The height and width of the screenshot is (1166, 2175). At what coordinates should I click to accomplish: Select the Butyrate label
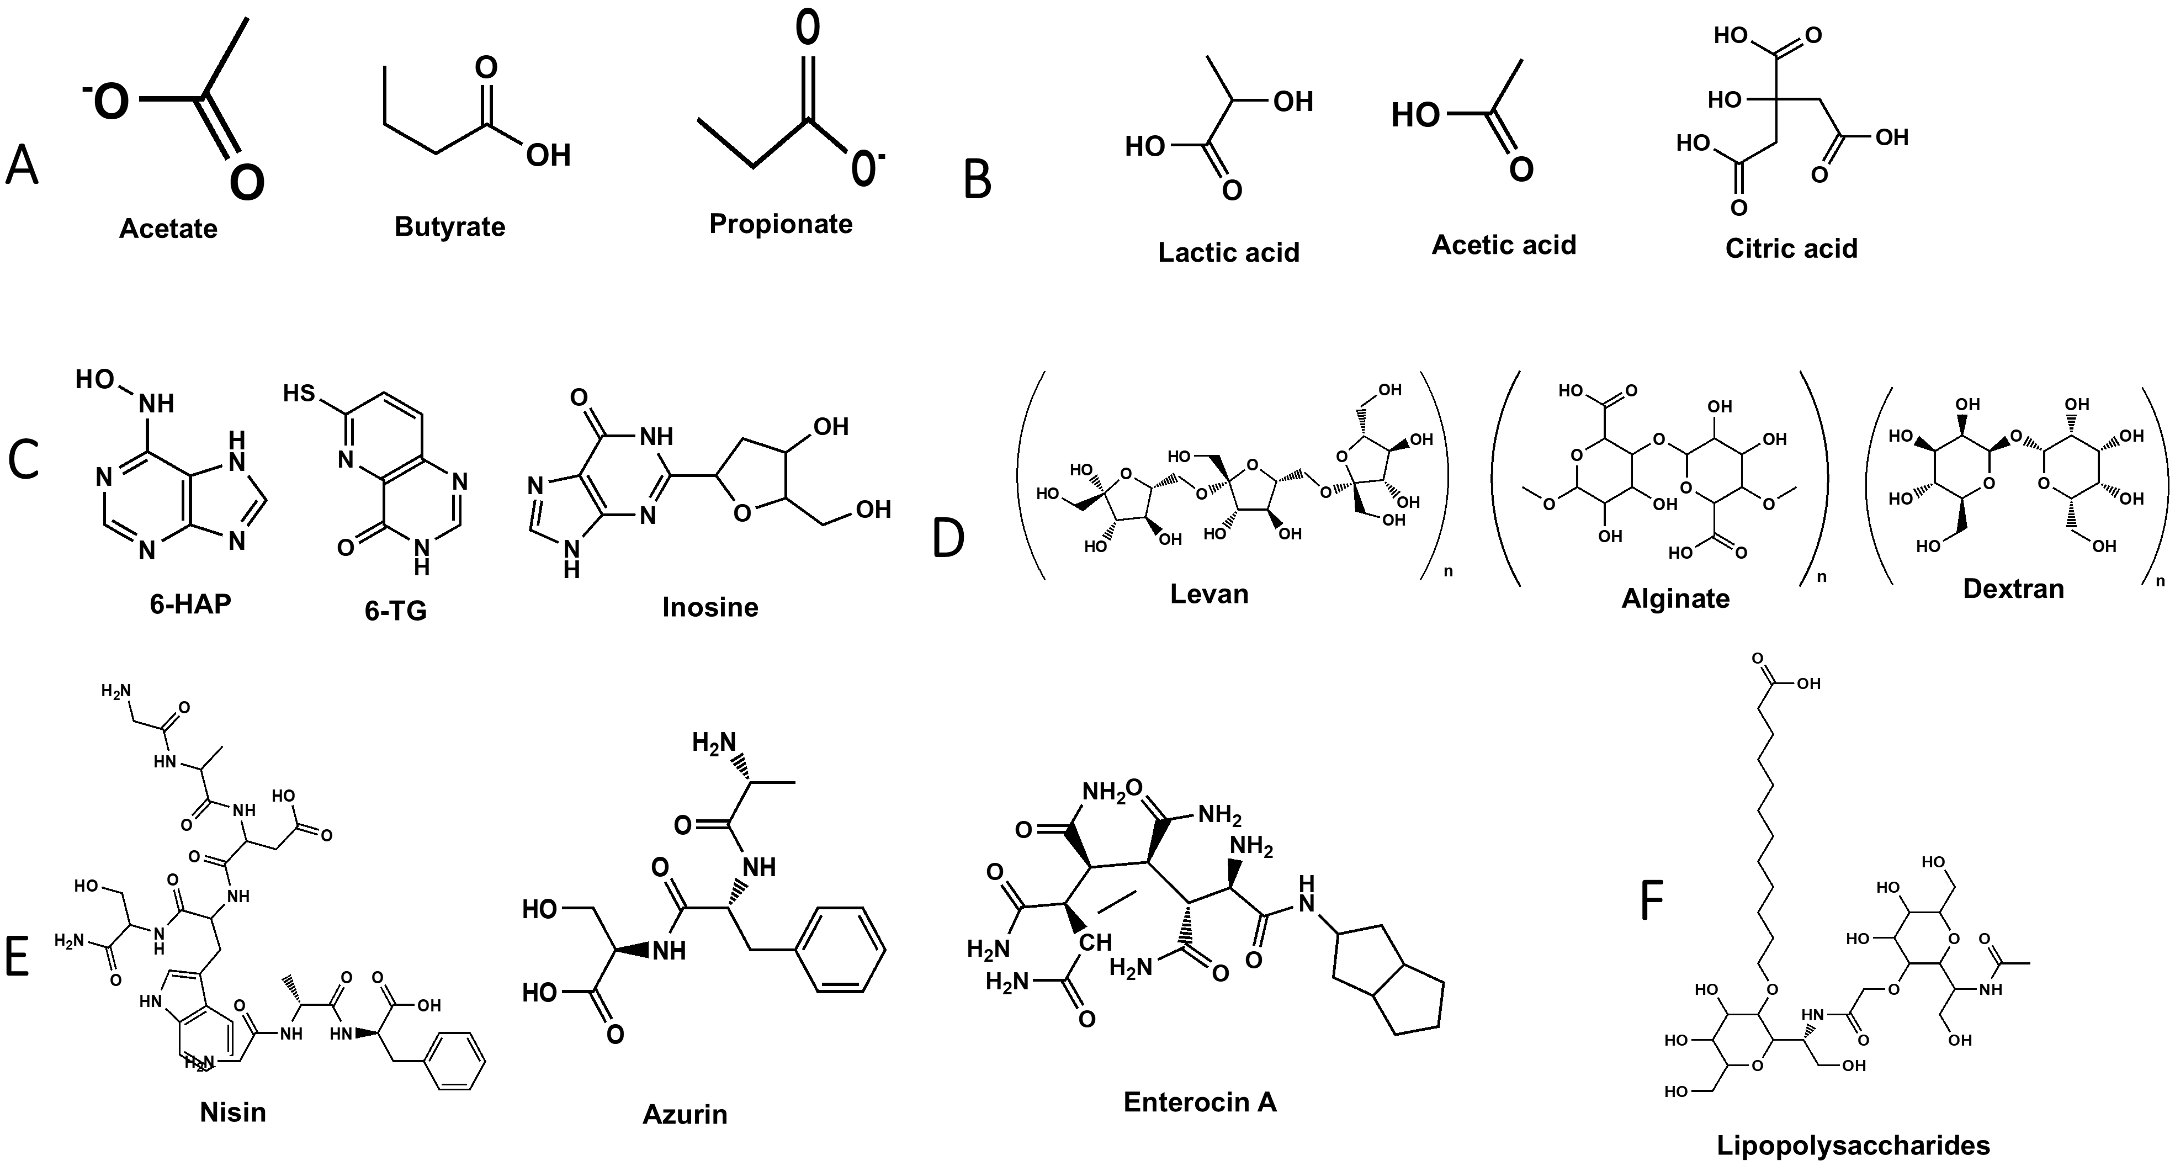[450, 226]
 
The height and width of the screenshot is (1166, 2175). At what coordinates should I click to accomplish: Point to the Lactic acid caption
[1228, 252]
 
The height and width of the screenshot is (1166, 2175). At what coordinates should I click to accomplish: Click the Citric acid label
[1791, 248]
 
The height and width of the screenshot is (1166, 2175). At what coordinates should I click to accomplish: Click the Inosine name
[710, 607]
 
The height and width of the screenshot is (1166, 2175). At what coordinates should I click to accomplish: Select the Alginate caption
[1675, 598]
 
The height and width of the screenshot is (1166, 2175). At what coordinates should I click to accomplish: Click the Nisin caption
[233, 1112]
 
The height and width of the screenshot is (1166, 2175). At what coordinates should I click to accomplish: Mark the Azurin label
[685, 1115]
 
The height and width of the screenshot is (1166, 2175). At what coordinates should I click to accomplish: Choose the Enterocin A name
[1200, 1102]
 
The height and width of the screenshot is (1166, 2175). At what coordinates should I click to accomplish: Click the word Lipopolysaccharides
[1853, 1146]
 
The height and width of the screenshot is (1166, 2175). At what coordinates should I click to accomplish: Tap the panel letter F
[1652, 901]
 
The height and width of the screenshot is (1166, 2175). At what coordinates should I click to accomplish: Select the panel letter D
[948, 539]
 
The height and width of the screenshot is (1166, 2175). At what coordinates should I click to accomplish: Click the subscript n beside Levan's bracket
[1448, 571]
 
